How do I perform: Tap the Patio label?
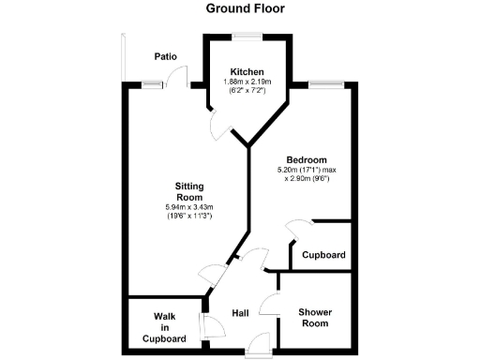(x=166, y=57)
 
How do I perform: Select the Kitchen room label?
(x=247, y=72)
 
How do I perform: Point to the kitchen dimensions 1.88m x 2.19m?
(x=247, y=82)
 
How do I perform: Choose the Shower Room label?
(x=316, y=318)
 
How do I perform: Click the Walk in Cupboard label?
(x=163, y=325)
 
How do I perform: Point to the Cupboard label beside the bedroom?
(x=323, y=255)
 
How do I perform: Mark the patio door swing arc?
(x=179, y=76)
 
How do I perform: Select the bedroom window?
(x=324, y=85)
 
